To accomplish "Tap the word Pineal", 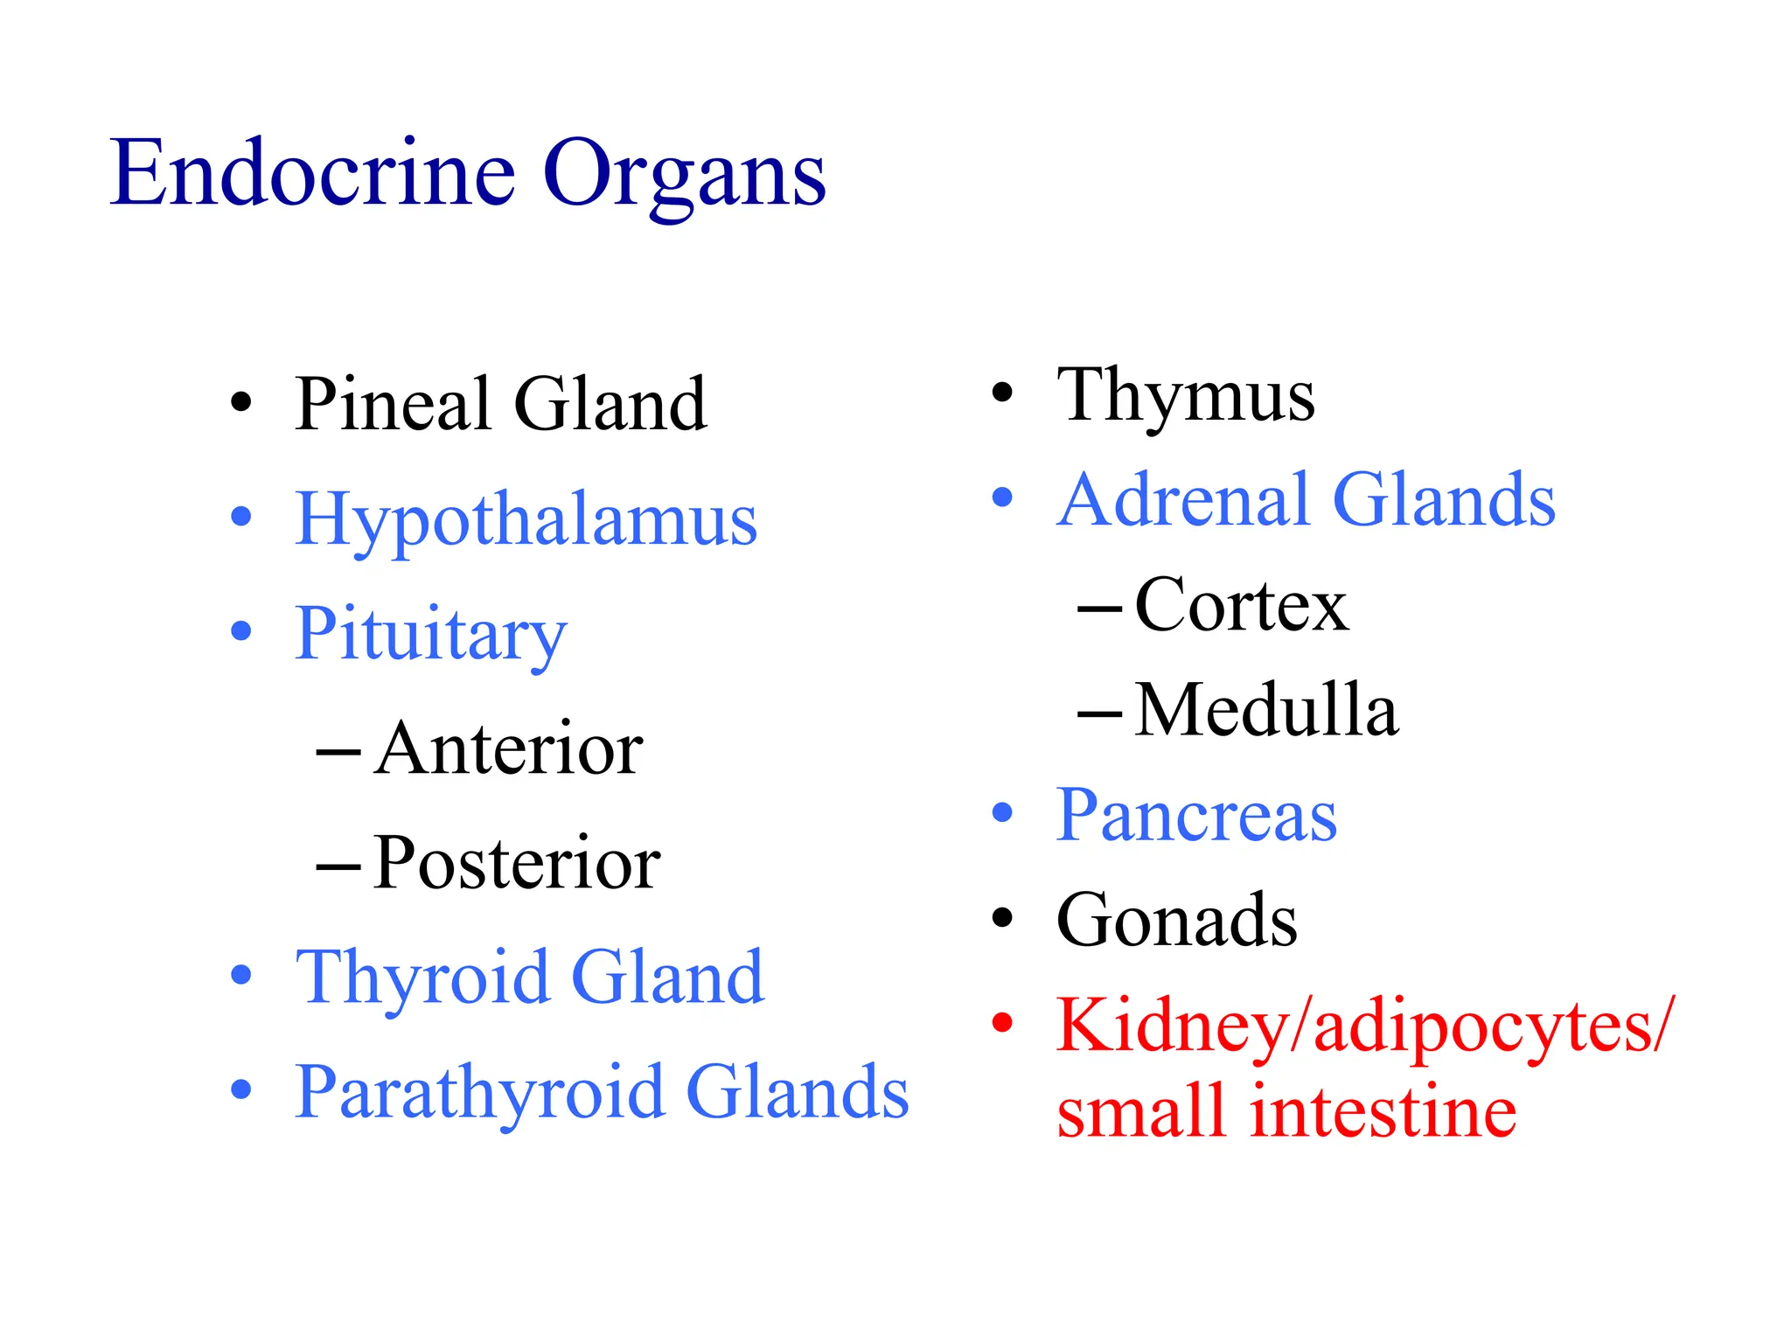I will [x=394, y=404].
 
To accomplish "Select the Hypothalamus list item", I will [x=526, y=520].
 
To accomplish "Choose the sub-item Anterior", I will [x=508, y=749].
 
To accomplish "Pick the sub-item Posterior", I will [x=516, y=864].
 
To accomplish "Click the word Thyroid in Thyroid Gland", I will [x=423, y=978].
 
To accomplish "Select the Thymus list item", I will [x=1185, y=396].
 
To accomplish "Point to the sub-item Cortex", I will [x=1241, y=605].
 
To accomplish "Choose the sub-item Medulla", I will [x=1266, y=710].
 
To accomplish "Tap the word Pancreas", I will [x=1196, y=816].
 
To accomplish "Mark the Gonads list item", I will [x=1176, y=920].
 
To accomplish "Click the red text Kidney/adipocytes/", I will [x=1364, y=1026].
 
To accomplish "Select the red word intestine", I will [x=1383, y=1112].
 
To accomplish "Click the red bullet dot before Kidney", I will [x=1002, y=1022].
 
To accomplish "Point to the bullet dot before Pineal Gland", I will [x=240, y=403].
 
